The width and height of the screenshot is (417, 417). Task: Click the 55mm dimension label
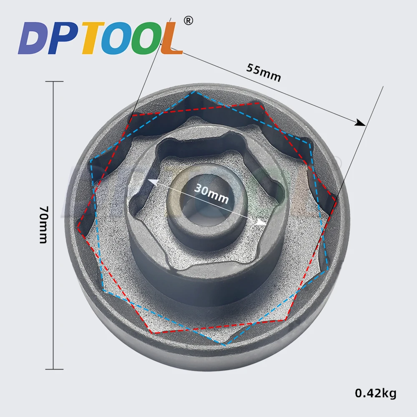coord(263,72)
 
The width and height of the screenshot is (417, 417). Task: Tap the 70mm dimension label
coord(43,225)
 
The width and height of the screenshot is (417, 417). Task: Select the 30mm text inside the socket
coord(211,193)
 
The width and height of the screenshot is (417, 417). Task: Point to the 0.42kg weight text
coord(376,393)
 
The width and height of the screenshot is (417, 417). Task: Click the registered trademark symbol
coord(188,20)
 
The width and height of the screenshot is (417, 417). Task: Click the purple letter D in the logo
coord(33,38)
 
